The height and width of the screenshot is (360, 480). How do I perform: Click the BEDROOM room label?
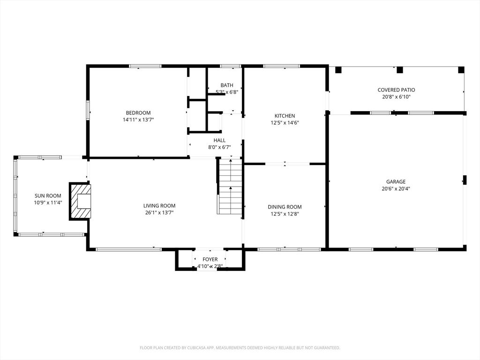tap(138, 112)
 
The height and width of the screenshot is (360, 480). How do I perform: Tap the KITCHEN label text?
tap(285, 116)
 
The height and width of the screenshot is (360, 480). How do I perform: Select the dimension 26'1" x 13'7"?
tap(159, 213)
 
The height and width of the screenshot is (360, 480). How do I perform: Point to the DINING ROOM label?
tap(285, 207)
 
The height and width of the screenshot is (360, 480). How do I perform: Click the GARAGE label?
tap(396, 181)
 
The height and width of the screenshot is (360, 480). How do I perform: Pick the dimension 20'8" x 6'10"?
tap(397, 97)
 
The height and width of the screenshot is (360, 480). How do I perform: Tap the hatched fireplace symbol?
tap(80, 201)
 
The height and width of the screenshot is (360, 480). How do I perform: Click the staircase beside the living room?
tap(230, 186)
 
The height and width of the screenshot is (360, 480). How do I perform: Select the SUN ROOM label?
tap(48, 195)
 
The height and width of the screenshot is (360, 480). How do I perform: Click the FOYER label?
tap(210, 259)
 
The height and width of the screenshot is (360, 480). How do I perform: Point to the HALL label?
tap(219, 140)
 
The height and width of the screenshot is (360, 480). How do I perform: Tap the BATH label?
tap(227, 85)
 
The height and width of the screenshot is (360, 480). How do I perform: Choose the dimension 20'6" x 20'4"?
tap(396, 188)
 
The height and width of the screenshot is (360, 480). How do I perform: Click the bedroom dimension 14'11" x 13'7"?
tap(138, 120)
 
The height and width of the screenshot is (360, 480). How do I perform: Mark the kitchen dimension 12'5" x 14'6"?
tap(285, 123)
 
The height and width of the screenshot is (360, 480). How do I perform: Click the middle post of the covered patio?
tap(399, 70)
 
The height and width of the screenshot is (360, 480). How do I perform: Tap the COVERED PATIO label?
tap(397, 90)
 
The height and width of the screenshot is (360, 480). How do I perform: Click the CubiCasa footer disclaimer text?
tap(240, 348)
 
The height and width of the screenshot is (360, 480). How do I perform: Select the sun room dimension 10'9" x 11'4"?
tap(48, 202)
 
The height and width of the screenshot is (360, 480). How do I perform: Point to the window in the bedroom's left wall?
tap(88, 111)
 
